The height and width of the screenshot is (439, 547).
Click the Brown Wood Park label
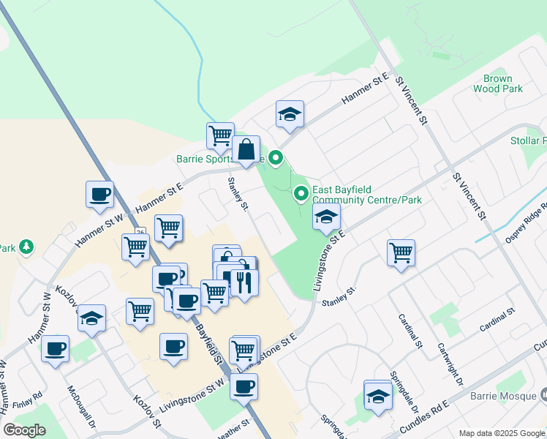click(x=497, y=83)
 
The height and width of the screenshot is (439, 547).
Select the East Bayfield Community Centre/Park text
click(x=367, y=195)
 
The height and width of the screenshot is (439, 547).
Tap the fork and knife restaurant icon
click(x=244, y=282)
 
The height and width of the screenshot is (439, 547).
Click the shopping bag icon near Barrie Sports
click(x=246, y=149)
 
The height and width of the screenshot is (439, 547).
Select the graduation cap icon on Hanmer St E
click(x=290, y=114)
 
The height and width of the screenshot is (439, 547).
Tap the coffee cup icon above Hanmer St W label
click(x=100, y=195)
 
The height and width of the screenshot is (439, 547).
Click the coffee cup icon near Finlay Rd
click(x=55, y=348)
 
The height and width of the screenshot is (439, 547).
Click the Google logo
click(x=24, y=430)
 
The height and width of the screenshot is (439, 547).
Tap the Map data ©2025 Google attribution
click(x=501, y=433)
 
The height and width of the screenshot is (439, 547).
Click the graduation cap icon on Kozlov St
click(x=91, y=318)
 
